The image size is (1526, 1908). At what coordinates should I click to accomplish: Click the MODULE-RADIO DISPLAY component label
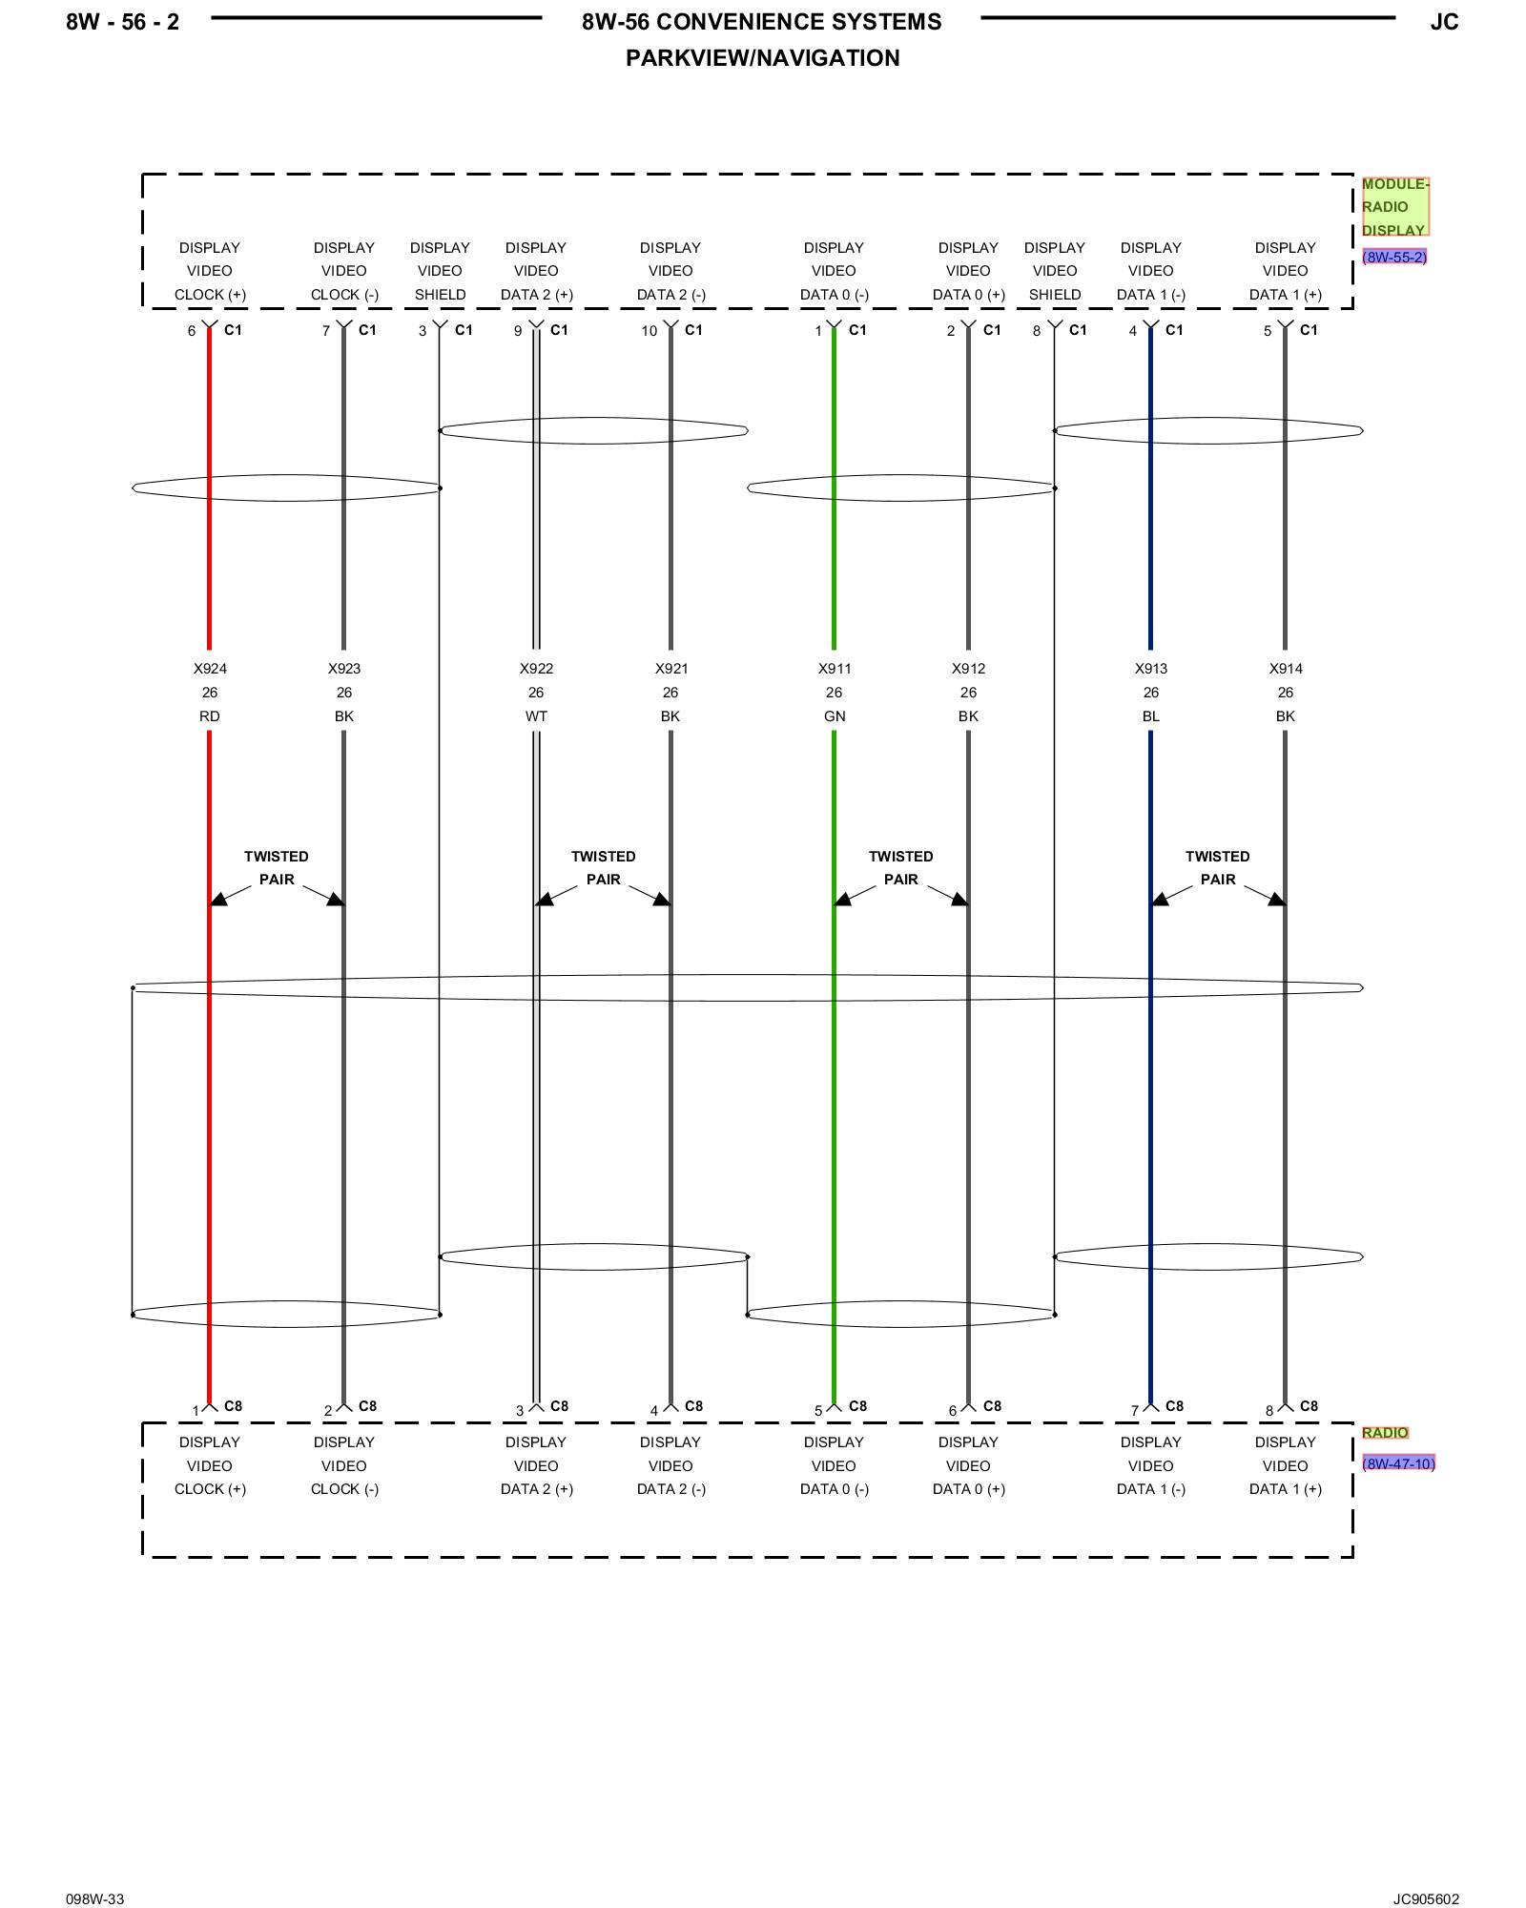1394,206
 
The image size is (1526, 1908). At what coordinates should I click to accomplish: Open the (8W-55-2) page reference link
1394,257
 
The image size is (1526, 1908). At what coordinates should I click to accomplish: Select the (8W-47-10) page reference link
1398,1463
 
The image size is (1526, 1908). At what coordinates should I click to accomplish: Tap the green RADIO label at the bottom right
1385,1433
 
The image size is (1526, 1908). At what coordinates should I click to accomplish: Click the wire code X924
210,669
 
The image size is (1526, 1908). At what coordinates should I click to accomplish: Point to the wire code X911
835,669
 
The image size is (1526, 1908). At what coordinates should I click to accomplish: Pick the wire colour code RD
210,716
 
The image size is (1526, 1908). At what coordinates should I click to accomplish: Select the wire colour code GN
835,716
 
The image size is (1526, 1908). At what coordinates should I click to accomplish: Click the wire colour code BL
1151,716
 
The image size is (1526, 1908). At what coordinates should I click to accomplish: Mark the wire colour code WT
536,716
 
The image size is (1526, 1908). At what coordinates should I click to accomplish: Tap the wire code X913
1151,669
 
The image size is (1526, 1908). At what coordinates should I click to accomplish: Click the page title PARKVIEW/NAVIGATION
762,58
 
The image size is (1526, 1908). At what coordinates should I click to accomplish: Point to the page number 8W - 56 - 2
122,22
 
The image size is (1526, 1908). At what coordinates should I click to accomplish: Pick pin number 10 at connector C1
650,331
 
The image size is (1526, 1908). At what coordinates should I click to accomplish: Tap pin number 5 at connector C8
818,1411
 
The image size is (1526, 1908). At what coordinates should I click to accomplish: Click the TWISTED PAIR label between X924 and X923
277,868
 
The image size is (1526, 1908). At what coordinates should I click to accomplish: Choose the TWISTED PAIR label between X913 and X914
1217,868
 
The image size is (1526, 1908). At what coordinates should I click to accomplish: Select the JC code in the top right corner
1444,22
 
